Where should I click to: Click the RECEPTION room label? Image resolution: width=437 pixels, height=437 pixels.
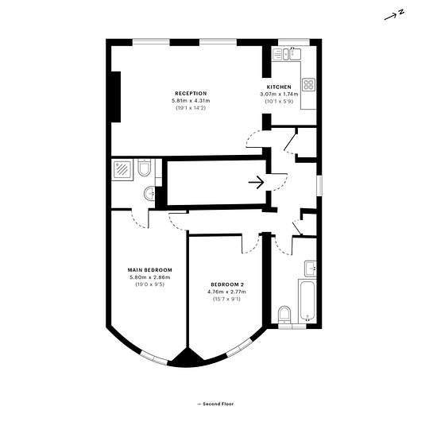(x=191, y=94)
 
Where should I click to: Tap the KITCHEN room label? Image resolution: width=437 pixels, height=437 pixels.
(x=279, y=87)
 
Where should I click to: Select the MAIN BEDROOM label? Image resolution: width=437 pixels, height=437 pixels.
(x=150, y=270)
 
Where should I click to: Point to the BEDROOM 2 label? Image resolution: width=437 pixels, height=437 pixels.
(x=227, y=284)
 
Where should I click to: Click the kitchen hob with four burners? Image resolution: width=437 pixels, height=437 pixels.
(x=309, y=84)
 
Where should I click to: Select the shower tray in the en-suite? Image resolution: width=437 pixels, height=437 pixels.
(x=122, y=170)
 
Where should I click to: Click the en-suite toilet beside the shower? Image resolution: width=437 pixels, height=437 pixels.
(x=144, y=168)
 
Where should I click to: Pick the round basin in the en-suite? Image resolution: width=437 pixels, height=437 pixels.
(x=149, y=193)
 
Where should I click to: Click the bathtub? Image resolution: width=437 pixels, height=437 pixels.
(x=307, y=300)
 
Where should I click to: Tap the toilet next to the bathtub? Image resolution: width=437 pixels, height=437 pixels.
(x=284, y=315)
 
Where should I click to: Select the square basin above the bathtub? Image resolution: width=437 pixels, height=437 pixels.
(x=310, y=269)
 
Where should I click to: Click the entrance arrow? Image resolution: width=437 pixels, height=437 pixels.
(x=256, y=183)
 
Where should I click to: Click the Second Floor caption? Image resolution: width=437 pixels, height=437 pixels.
(x=216, y=404)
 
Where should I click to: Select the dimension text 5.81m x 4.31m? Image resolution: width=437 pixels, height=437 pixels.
(x=191, y=101)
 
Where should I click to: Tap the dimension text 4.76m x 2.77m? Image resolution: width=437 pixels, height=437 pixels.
(x=226, y=292)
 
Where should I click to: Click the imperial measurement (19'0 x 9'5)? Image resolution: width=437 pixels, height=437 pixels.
(x=150, y=284)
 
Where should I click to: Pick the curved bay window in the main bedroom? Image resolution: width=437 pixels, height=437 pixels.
(x=153, y=358)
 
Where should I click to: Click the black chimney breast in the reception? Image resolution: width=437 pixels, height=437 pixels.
(x=116, y=97)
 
